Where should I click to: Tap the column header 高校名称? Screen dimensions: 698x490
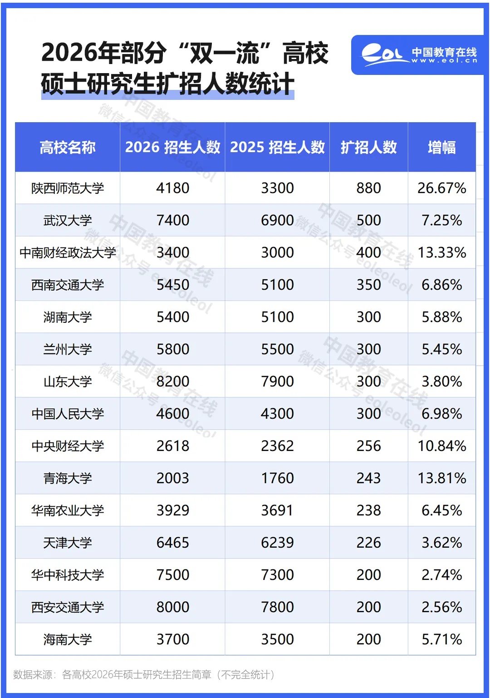[x=68, y=147]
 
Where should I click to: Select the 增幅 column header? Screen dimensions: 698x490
[x=441, y=147]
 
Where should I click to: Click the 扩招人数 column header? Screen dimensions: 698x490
[x=368, y=147]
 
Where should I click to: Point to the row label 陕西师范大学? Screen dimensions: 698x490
[x=68, y=188]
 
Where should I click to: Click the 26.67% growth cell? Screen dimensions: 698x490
[x=441, y=188]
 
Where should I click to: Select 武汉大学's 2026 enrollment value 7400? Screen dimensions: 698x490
[x=172, y=220]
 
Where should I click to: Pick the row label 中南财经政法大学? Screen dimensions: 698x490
[x=68, y=252]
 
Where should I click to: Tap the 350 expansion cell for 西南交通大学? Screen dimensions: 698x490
[x=368, y=285]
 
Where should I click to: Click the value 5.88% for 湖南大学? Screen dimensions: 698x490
[x=441, y=317]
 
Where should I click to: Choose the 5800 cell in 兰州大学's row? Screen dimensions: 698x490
[x=172, y=349]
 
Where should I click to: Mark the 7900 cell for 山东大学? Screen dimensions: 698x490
[x=277, y=381]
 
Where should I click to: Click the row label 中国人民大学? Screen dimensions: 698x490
[x=68, y=414]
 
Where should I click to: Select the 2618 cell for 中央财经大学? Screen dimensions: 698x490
[x=172, y=446]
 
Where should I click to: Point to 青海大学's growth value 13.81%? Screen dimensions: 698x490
[x=441, y=478]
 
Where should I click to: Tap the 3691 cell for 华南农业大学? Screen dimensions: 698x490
[x=277, y=510]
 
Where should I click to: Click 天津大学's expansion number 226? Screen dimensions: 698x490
[x=368, y=543]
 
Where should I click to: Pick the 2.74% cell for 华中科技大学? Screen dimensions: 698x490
[x=441, y=575]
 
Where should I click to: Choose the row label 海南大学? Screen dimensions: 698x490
[x=68, y=639]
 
